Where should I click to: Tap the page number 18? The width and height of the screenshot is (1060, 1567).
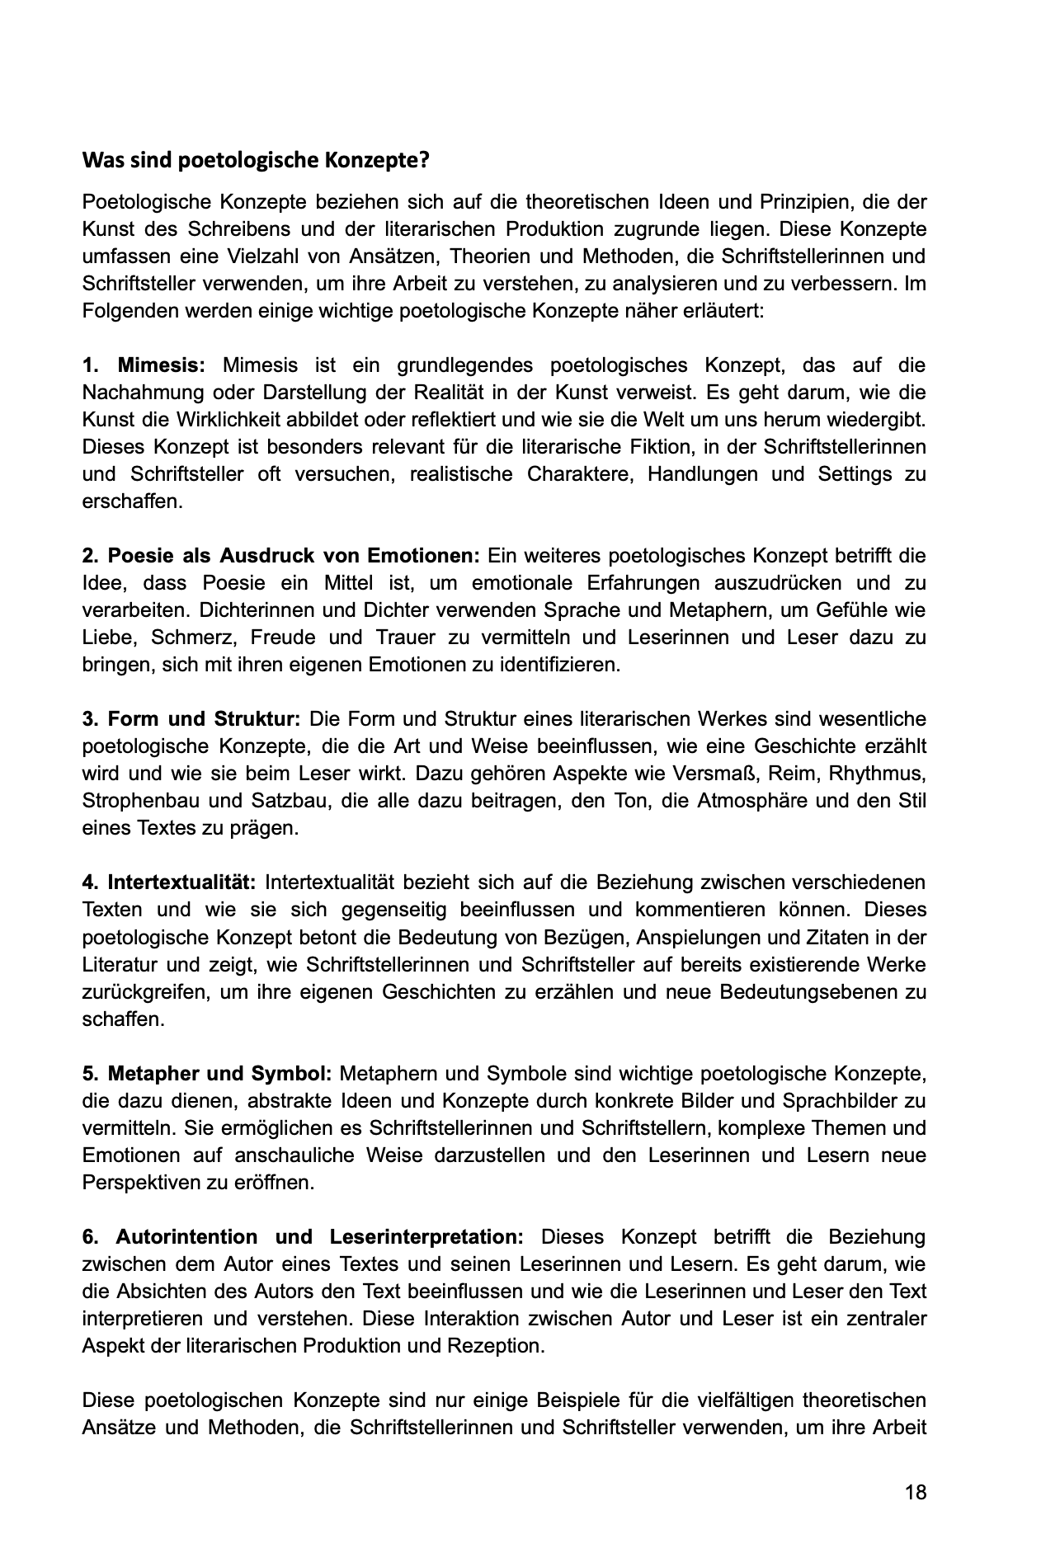(916, 1515)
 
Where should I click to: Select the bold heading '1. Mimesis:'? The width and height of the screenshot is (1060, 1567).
(144, 365)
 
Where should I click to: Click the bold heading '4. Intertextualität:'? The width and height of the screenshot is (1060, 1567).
(170, 882)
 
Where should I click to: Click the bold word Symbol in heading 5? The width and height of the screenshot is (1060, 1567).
(294, 1074)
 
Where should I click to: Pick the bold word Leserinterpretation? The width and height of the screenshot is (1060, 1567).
(426, 1237)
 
